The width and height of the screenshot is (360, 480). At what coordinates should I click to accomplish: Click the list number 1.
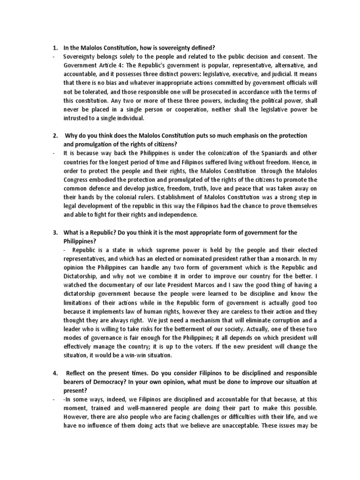point(54,47)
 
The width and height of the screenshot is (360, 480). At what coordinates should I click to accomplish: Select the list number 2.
point(54,135)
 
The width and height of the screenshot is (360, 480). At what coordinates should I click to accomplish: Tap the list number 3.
point(54,232)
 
